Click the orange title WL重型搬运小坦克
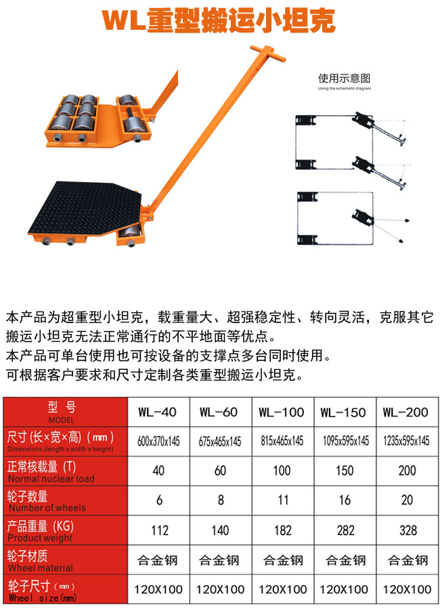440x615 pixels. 219,20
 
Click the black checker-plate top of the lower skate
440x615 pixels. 85,207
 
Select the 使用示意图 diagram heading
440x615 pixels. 344,79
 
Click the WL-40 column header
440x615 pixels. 157,412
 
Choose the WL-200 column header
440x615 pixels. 405,412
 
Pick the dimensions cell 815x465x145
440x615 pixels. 282,441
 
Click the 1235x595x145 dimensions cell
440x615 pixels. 406,441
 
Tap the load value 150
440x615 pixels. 345,470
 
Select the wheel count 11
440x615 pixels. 283,500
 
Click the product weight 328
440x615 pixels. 408,530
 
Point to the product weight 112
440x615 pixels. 160,530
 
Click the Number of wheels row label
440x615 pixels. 47,508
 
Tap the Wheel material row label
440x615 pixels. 41,568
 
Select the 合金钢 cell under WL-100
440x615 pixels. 283,560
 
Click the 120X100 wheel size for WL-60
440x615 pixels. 220,589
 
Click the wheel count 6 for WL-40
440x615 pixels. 159,500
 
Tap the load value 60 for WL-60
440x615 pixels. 220,470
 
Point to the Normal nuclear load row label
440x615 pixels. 51,478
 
